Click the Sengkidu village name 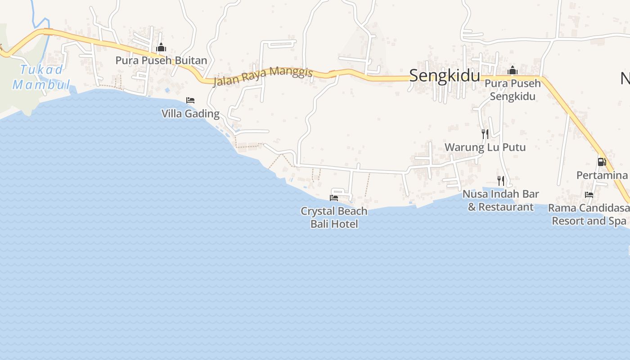[444, 76]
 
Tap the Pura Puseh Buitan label [161, 60]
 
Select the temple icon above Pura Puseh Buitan [161, 47]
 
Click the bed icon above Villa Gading [190, 100]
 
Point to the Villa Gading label [190, 113]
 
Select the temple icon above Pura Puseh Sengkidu [512, 71]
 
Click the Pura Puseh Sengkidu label [513, 90]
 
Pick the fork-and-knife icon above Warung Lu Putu [485, 134]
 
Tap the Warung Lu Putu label [485, 147]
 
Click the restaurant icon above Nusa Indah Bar [500, 180]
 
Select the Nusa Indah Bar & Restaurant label [501, 200]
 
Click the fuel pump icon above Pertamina [602, 162]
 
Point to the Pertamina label [602, 175]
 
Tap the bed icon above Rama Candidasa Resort [589, 195]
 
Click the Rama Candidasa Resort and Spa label [589, 215]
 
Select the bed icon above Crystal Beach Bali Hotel [334, 198]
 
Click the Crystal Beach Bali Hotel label [334, 217]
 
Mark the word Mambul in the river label [41, 85]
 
